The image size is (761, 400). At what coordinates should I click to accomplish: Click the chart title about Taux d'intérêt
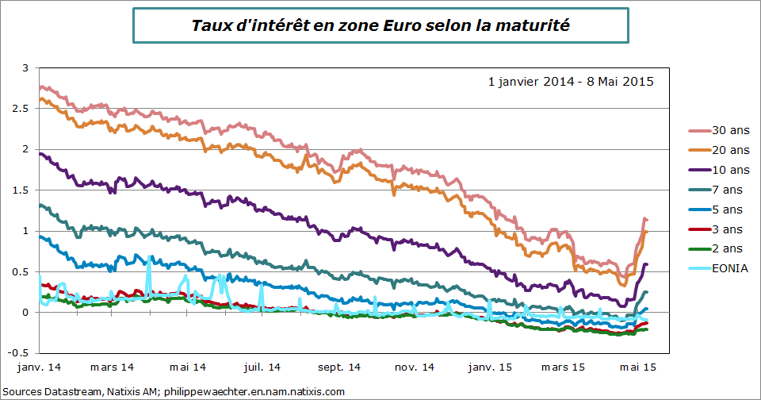pyautogui.click(x=380, y=26)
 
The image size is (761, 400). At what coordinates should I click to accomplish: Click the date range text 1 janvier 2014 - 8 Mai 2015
pyautogui.click(x=571, y=81)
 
